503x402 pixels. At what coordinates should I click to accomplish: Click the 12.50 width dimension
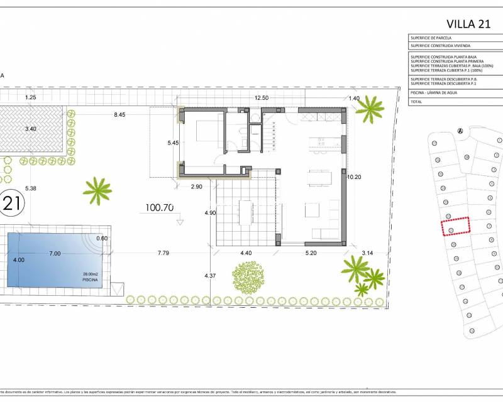coord(262,98)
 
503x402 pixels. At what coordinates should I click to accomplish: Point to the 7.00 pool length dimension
coord(55,253)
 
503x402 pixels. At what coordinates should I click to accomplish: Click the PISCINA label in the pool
coord(91,280)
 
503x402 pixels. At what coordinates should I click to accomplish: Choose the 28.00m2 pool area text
coord(91,274)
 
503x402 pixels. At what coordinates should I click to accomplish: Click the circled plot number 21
coord(11,203)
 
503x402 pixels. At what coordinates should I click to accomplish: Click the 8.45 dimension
coord(119,115)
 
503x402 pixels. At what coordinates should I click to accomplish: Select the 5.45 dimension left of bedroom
coord(173,143)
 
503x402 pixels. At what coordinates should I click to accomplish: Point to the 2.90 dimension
coord(196,187)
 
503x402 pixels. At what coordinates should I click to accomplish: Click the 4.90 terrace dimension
coord(210,214)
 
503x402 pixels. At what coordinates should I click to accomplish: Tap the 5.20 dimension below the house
coord(311,253)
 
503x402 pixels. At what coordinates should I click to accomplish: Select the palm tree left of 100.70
coord(97,190)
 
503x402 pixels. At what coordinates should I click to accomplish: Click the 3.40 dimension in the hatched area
coord(31,129)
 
